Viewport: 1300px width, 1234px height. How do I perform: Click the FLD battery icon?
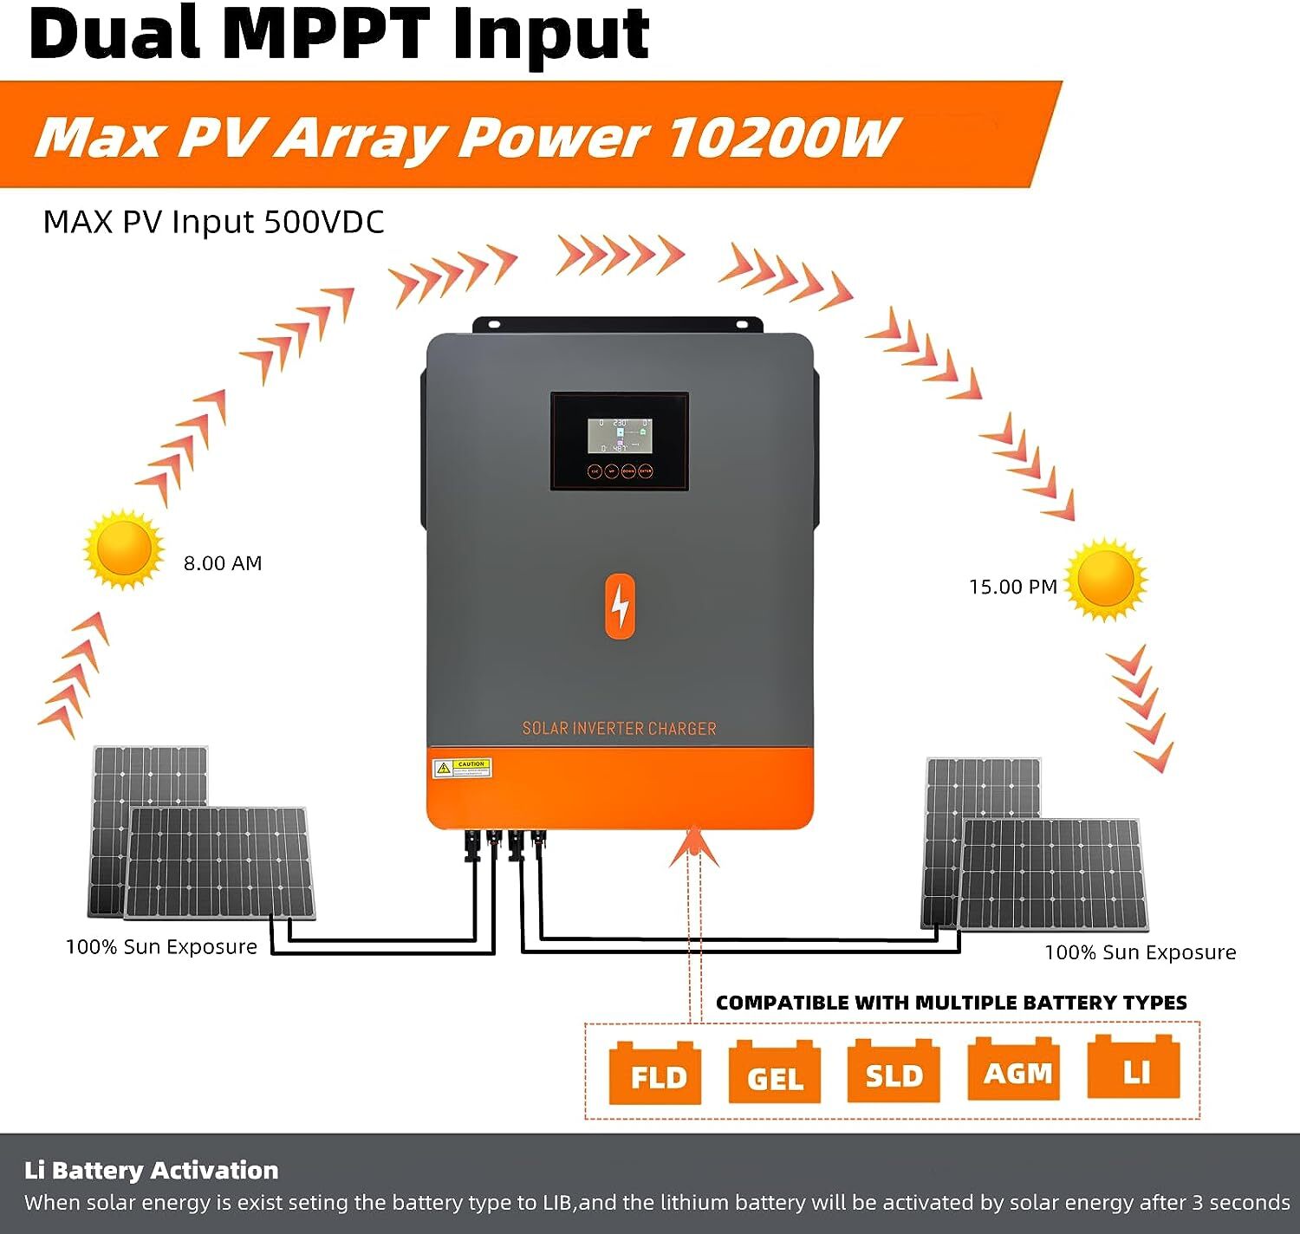[x=654, y=1074]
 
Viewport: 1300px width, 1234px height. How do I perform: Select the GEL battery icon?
[x=774, y=1074]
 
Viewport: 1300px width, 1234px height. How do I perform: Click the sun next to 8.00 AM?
[x=124, y=549]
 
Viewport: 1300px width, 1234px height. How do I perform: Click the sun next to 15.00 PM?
[x=1105, y=578]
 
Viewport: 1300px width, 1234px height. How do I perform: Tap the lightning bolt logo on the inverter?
[x=620, y=606]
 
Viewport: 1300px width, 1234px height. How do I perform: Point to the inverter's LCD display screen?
[x=620, y=435]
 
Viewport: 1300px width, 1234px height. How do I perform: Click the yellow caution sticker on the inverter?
[x=462, y=768]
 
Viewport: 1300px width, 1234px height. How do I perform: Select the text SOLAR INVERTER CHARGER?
[x=619, y=729]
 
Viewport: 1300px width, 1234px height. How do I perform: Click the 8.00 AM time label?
[x=222, y=563]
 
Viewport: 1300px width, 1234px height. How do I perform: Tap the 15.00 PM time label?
[x=1012, y=587]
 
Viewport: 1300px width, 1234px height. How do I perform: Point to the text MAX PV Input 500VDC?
[x=213, y=222]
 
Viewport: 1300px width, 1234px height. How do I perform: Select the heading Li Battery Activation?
[x=152, y=1170]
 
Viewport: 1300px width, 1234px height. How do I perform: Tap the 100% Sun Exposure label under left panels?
[x=161, y=947]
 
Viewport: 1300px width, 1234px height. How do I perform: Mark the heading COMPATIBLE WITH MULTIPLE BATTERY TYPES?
[x=951, y=1003]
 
